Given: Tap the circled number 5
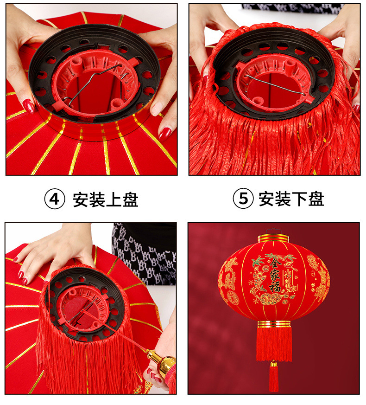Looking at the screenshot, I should click(243, 199).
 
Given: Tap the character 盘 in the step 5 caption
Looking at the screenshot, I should click(316, 199).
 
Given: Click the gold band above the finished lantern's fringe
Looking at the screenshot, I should click(274, 323).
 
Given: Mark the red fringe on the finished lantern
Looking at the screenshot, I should click(274, 343).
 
